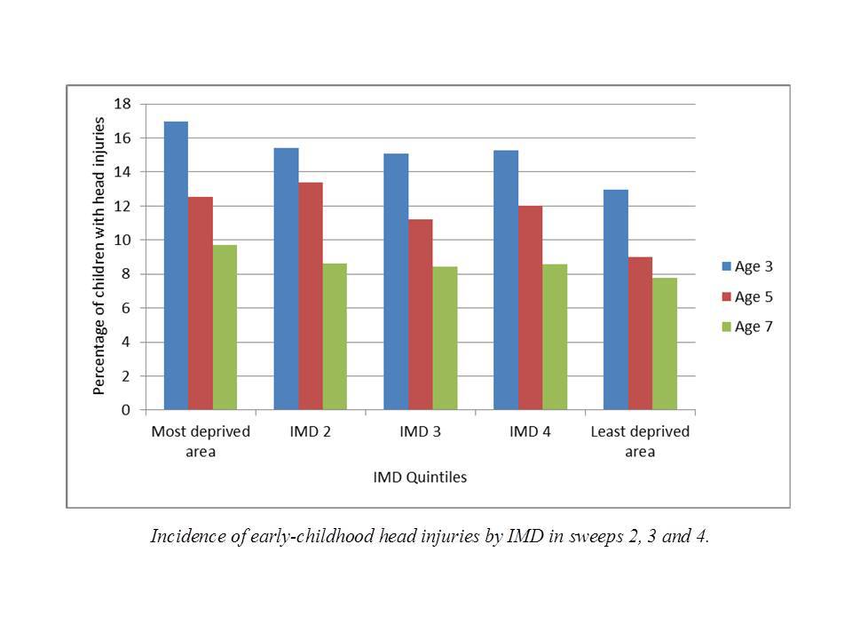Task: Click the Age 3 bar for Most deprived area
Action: coord(176,265)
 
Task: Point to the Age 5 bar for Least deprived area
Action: coord(640,333)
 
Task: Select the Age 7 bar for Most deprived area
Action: coord(225,327)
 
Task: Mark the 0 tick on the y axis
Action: coord(126,410)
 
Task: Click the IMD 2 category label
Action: coord(311,432)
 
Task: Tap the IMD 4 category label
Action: coord(530,432)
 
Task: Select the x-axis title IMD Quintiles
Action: coord(420,477)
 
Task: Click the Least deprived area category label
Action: coord(640,441)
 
